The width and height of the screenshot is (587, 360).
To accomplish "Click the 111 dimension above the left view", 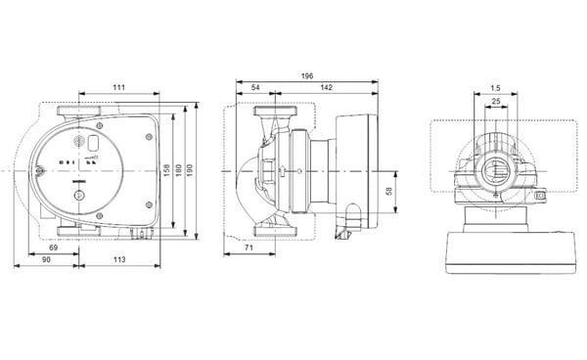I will point(118,89).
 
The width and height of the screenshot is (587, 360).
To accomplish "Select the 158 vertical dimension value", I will point(165,170).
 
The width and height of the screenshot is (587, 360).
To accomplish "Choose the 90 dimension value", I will point(46,261).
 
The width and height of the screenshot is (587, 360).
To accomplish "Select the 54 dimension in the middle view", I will point(256,89).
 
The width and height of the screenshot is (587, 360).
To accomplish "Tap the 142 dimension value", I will point(322,89).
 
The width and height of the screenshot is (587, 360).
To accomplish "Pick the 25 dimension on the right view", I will point(496,101).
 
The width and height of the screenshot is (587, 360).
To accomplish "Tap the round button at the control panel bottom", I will point(80,207).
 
